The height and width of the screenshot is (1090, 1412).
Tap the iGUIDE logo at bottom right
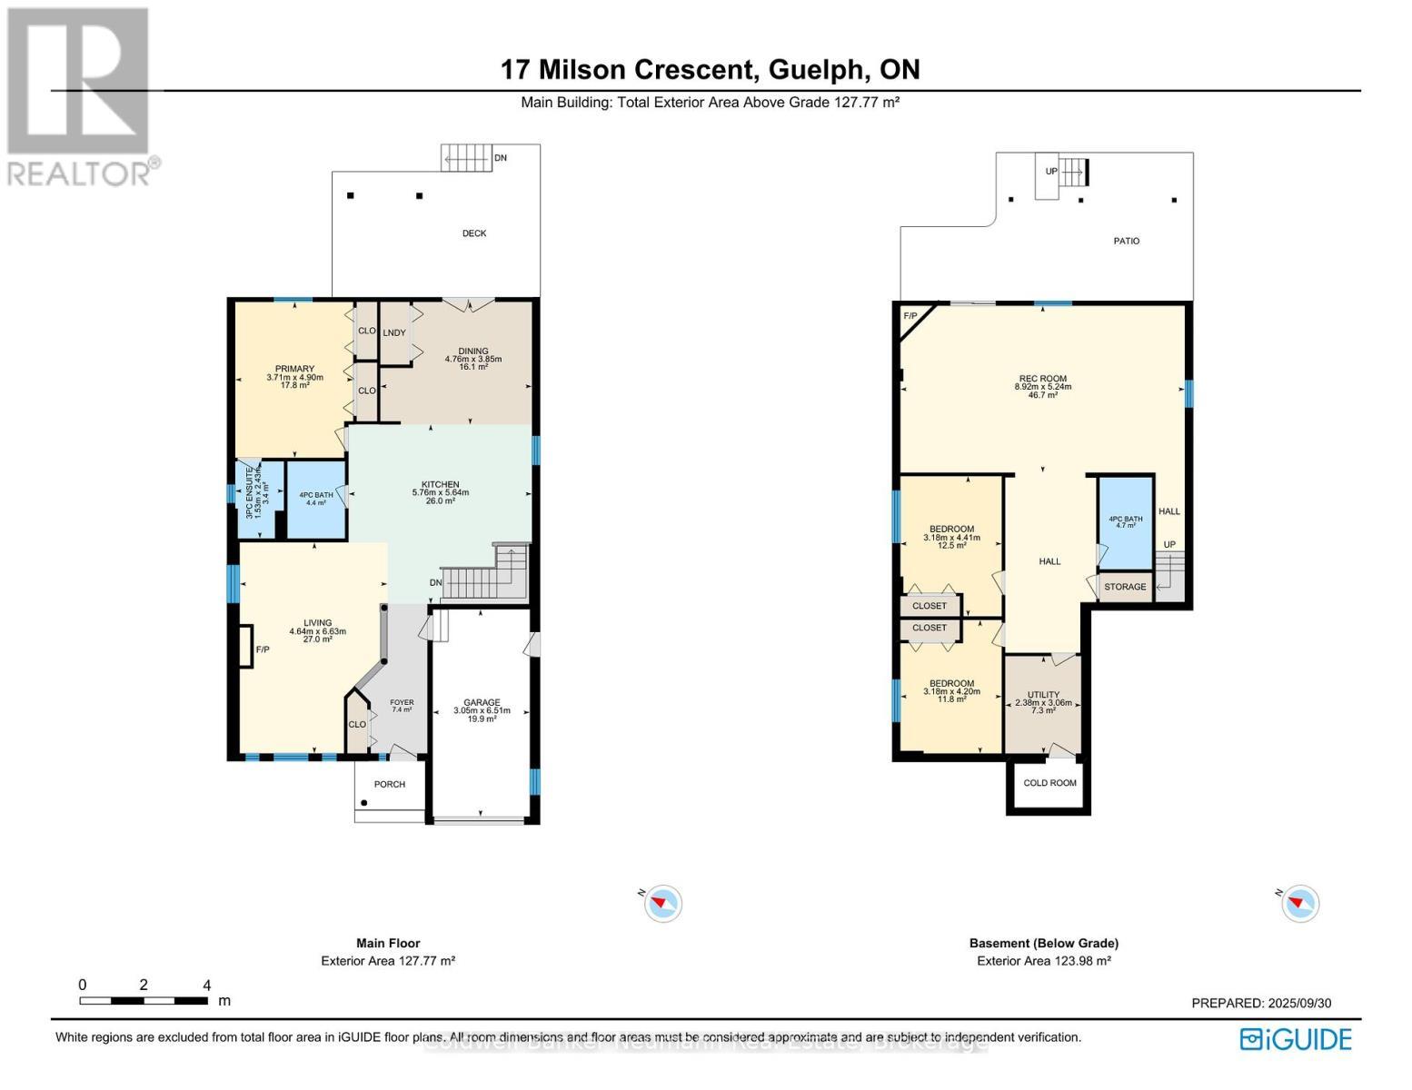coord(1296,1039)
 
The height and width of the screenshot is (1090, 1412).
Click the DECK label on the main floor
coord(473,233)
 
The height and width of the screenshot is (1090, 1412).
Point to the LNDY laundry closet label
coord(393,332)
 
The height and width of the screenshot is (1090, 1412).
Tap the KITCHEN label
coord(440,484)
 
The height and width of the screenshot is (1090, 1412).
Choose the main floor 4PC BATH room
coord(316,500)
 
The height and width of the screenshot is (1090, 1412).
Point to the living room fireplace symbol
coord(244,647)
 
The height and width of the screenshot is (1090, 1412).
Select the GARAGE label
coord(482,702)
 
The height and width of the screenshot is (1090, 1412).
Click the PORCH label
coord(390,784)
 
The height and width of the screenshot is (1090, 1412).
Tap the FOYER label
coord(402,702)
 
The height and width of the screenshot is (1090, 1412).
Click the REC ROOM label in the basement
coord(1042,379)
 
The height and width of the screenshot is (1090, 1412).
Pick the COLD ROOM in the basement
coord(1049,783)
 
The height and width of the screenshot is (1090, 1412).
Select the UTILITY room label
coord(1043,695)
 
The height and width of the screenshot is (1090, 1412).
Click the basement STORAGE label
coord(1125,587)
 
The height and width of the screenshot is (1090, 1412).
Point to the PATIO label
coord(1126,241)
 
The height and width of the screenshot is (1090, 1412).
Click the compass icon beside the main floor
coord(662,903)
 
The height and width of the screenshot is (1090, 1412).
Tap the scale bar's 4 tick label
coord(207,986)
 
